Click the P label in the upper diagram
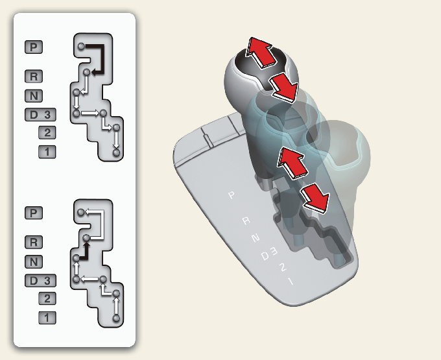(34, 47)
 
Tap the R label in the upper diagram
(34, 77)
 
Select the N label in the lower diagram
(34, 261)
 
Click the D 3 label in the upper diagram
(40, 115)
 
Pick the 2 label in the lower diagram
(47, 298)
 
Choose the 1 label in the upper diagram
(47, 152)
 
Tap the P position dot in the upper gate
(81, 46)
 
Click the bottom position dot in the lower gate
(116, 318)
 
